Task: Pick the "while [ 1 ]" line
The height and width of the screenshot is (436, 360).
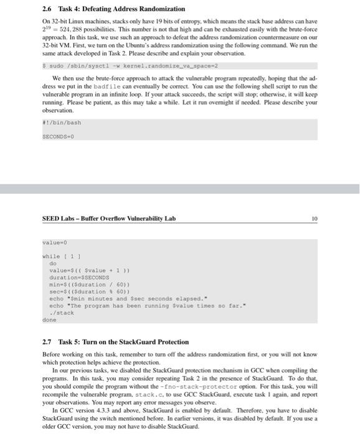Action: click(x=60, y=256)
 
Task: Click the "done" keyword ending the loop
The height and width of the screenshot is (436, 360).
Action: click(x=49, y=320)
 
